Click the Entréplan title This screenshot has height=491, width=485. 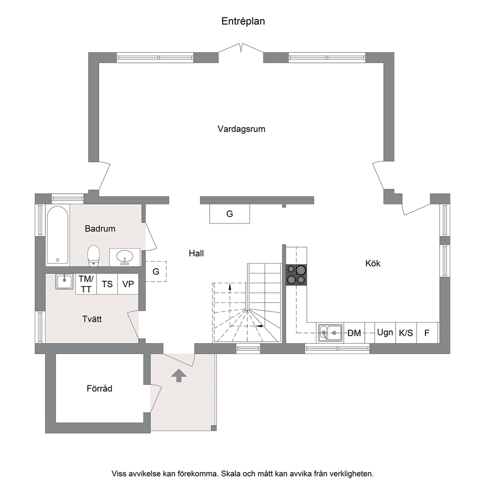(x=243, y=22)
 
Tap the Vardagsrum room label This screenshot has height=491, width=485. (x=242, y=129)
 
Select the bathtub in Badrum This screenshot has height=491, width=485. (x=58, y=235)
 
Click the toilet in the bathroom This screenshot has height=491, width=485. (x=93, y=255)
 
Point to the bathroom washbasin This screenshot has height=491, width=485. (x=125, y=257)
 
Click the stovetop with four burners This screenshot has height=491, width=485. (x=296, y=275)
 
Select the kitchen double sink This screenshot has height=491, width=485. (x=331, y=333)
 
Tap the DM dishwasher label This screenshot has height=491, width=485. (x=354, y=333)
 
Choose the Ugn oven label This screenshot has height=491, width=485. (x=385, y=332)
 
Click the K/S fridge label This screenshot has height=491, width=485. (x=406, y=333)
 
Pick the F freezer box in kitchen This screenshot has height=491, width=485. (x=427, y=333)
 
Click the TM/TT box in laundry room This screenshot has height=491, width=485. (x=86, y=284)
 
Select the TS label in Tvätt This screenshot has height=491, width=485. (x=107, y=284)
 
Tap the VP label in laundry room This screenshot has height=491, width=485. (x=128, y=284)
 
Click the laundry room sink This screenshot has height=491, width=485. (x=65, y=281)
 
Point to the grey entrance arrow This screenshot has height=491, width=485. (x=179, y=375)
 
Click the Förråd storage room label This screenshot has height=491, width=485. (x=99, y=389)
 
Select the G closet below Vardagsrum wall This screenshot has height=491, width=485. (x=229, y=214)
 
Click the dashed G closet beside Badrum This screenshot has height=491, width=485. (x=156, y=271)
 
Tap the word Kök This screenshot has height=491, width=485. (x=373, y=263)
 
